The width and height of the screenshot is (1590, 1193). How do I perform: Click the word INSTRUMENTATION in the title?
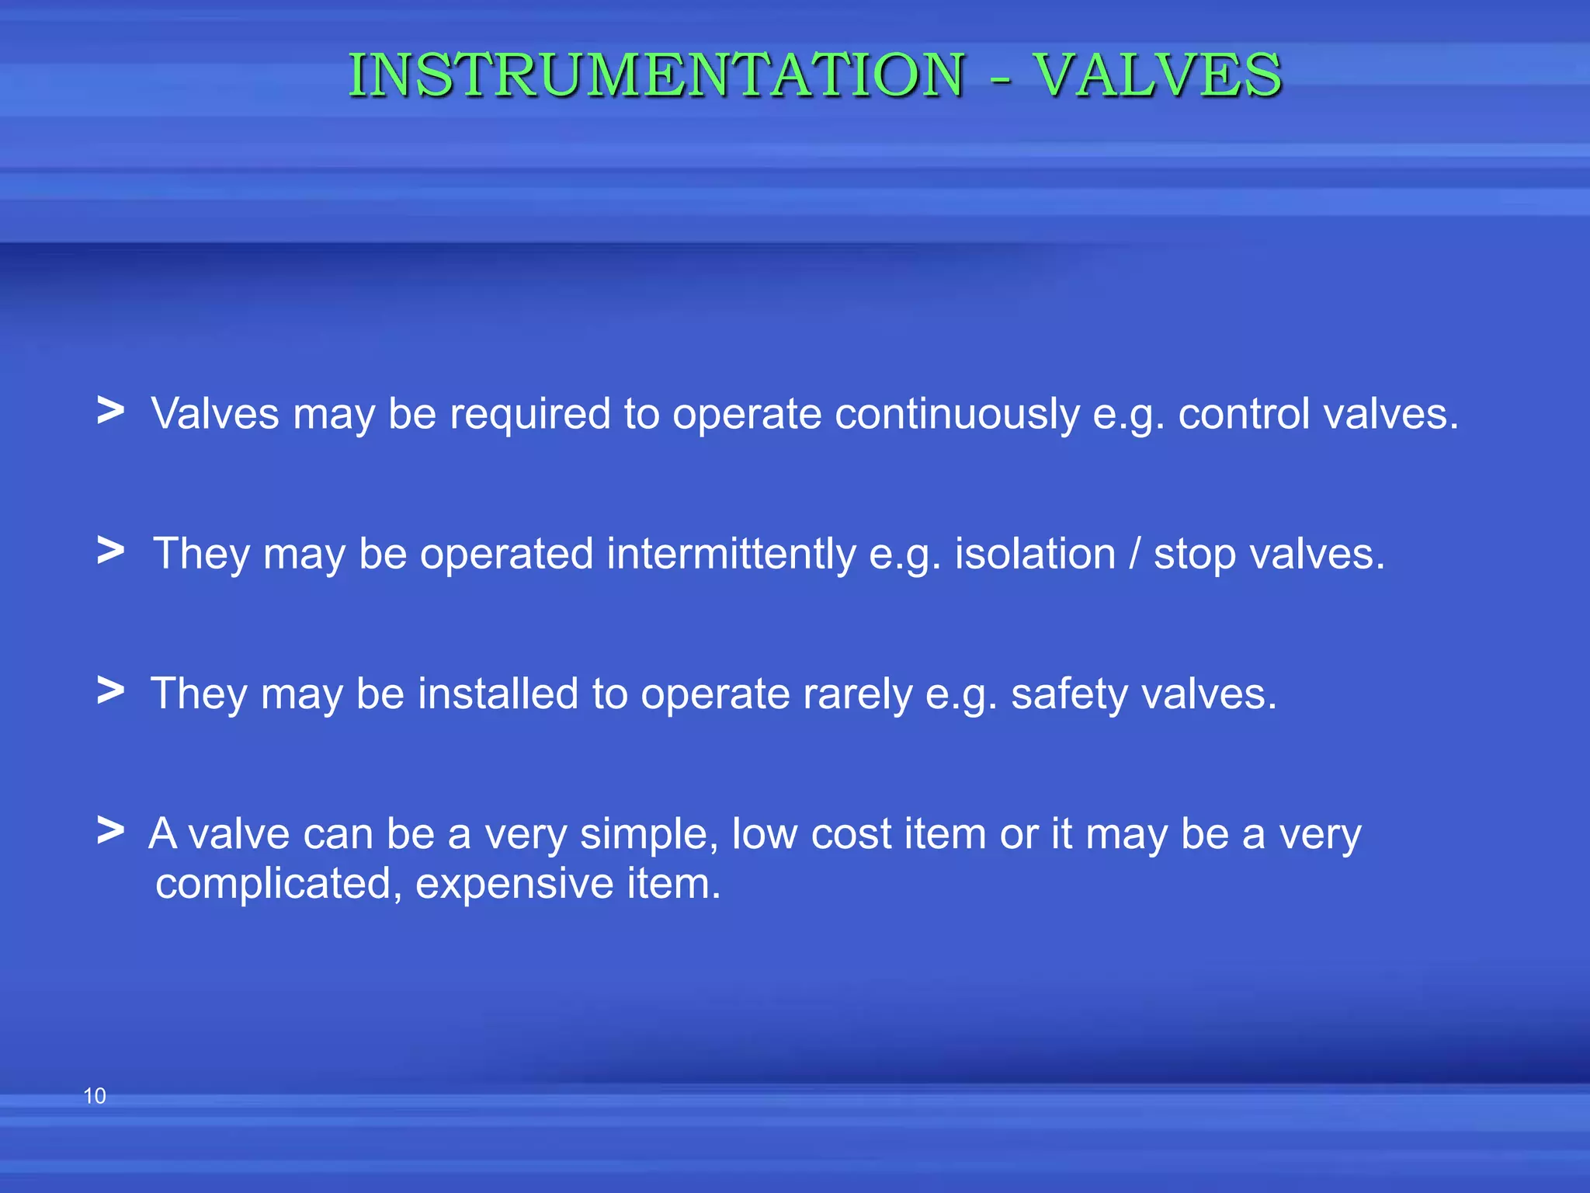657,75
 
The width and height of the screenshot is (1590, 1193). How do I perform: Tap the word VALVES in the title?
1158,75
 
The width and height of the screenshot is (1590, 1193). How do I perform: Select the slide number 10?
94,1096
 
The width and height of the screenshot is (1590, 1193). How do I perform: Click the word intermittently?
731,555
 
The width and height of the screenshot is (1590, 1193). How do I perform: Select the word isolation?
1034,555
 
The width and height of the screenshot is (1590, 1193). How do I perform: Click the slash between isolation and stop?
1135,555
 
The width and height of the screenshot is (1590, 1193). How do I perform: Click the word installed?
498,694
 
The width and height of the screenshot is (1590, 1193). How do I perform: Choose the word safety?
1069,695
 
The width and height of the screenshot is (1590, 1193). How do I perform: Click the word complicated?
278,885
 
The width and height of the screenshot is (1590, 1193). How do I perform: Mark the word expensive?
514,885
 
